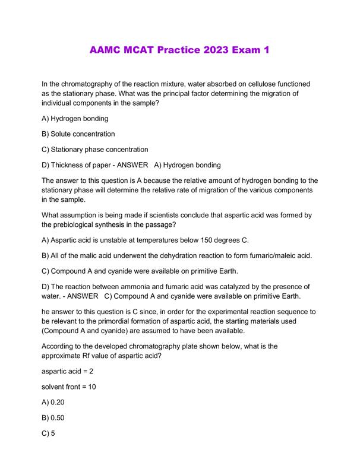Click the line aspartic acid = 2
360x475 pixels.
click(68, 371)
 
